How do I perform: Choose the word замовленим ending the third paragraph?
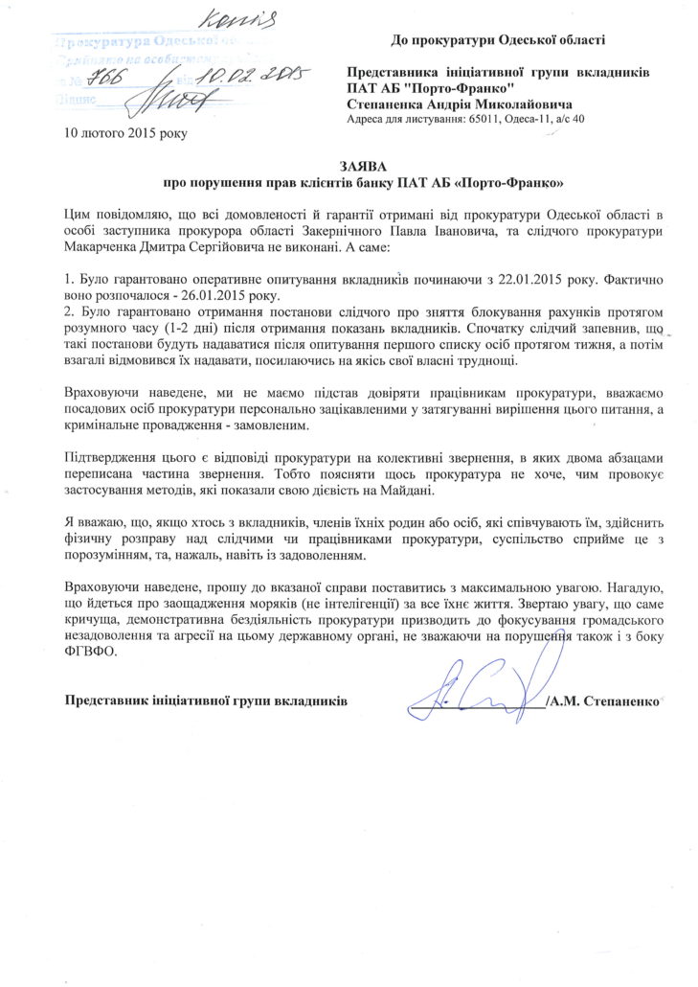click(x=262, y=424)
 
